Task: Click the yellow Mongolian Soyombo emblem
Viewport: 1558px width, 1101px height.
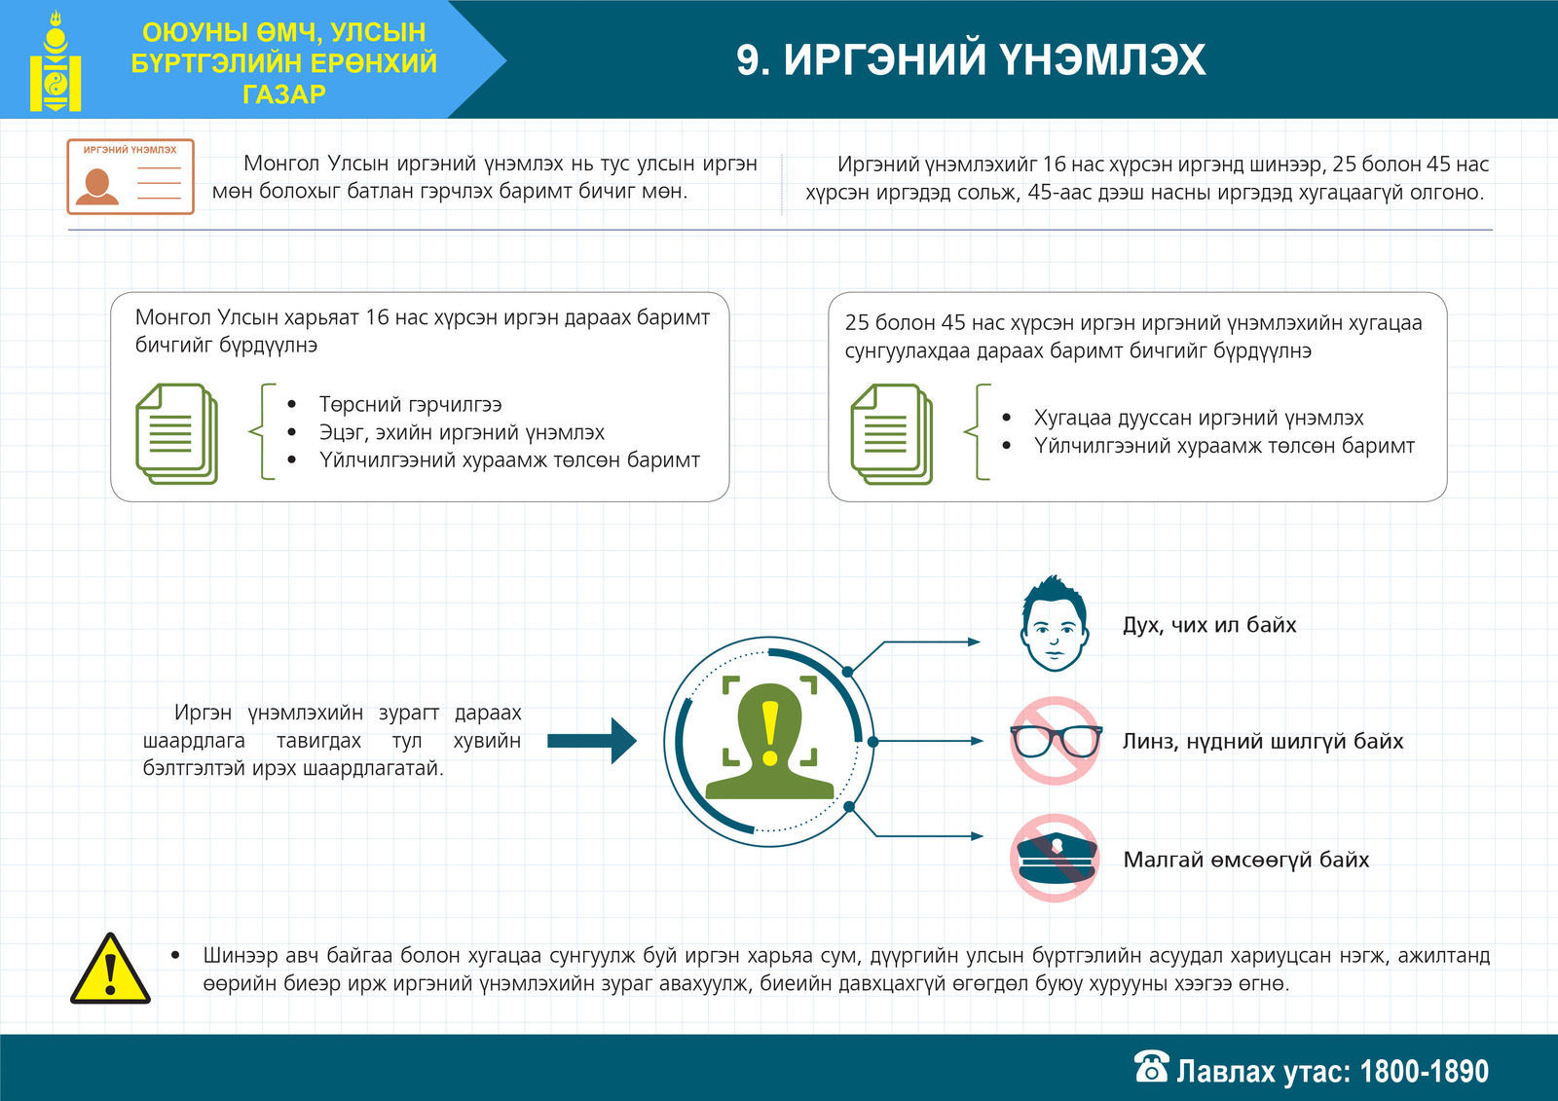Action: (56, 61)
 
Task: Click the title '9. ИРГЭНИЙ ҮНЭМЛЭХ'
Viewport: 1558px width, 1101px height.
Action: (971, 59)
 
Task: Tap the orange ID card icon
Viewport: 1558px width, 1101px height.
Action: (130, 176)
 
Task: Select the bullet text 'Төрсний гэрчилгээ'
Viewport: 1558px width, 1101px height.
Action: (410, 404)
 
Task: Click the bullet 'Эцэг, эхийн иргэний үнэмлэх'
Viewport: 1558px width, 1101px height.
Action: (462, 432)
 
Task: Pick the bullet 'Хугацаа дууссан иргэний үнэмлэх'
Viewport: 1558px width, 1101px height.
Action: (1199, 418)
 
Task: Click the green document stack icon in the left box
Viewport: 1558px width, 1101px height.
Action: (176, 434)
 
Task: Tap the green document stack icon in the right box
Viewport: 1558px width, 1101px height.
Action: (892, 434)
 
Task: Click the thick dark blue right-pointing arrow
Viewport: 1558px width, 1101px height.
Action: (592, 742)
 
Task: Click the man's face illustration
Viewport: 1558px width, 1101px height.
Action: (1055, 623)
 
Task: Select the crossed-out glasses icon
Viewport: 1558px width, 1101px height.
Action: (1056, 741)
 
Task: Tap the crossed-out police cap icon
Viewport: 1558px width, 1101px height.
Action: (1056, 859)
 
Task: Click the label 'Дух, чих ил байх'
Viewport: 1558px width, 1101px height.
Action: (1209, 625)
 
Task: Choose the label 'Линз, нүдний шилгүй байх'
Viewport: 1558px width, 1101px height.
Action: (1263, 742)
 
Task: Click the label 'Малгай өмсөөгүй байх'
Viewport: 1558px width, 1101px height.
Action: (1246, 860)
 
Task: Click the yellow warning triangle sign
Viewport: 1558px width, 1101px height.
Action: (111, 969)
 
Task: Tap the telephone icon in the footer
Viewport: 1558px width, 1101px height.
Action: (1152, 1066)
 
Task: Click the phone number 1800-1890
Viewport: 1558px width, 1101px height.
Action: (1424, 1071)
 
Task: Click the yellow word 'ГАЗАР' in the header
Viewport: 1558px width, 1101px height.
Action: (284, 93)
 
